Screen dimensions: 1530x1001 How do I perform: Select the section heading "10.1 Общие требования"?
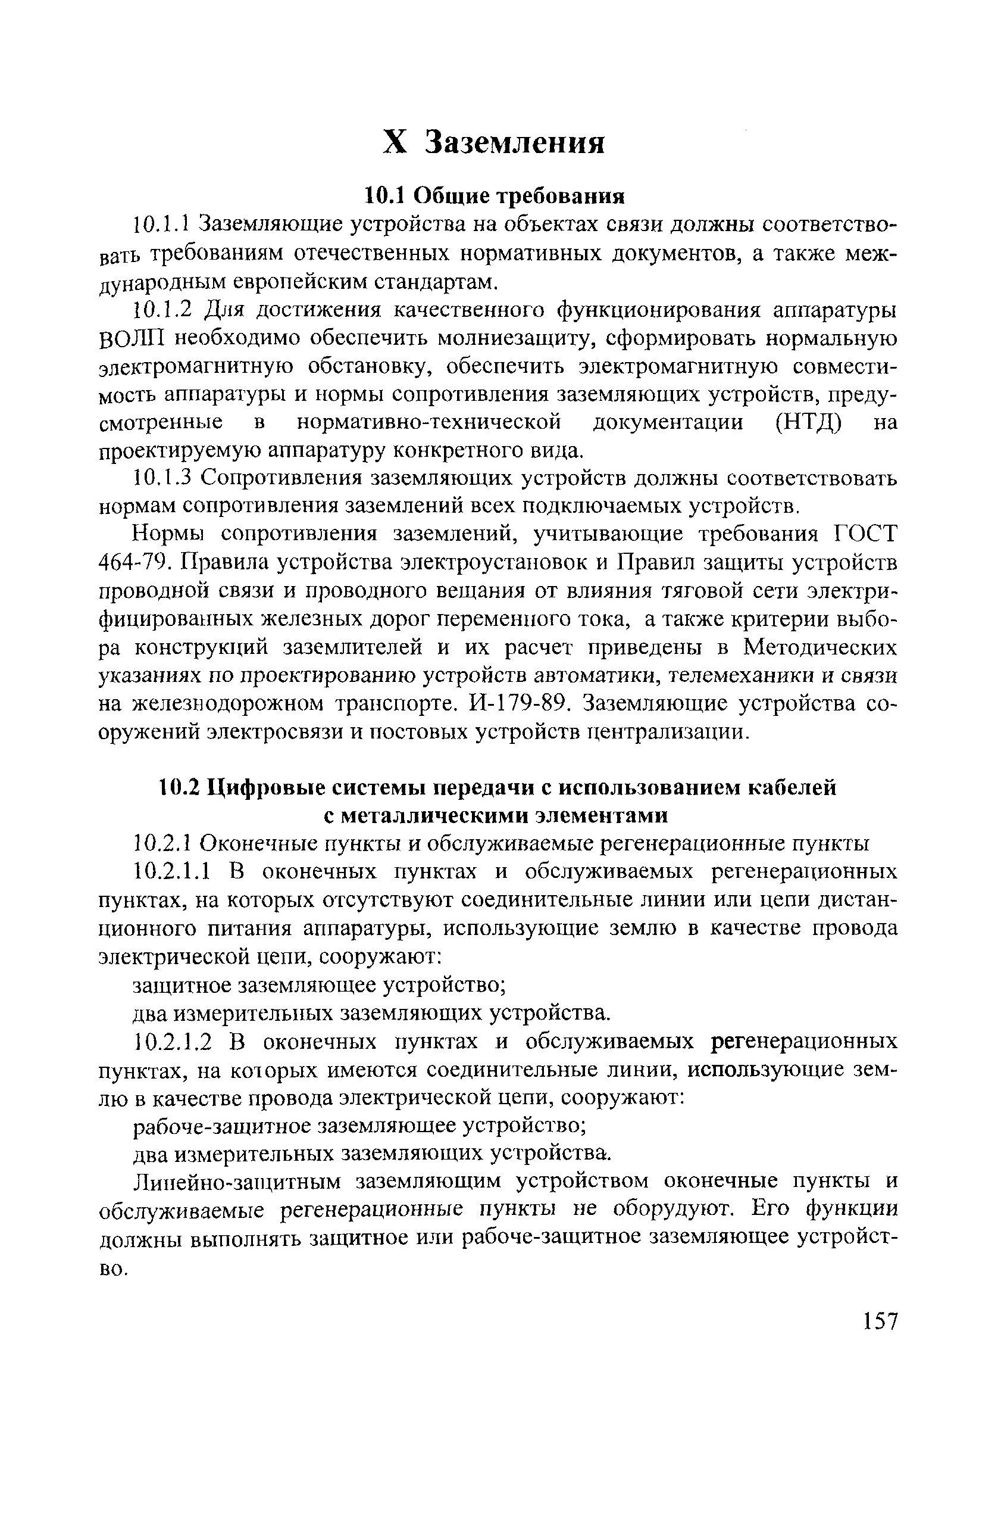(495, 194)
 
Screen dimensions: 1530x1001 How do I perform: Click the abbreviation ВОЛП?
(132, 338)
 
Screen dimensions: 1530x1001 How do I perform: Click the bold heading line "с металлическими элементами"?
(495, 815)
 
